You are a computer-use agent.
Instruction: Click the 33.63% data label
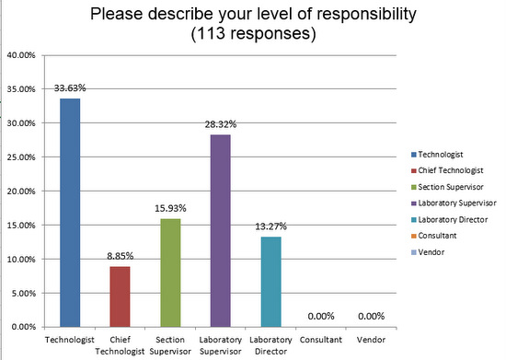click(x=71, y=88)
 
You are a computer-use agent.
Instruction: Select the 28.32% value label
click(x=220, y=125)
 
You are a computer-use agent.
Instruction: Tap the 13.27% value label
click(x=270, y=227)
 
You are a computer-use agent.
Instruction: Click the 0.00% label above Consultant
click(x=320, y=318)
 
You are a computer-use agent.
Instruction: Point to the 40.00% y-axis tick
click(x=20, y=55)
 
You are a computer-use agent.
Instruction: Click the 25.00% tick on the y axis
click(x=20, y=157)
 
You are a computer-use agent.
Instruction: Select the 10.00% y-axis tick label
click(x=20, y=259)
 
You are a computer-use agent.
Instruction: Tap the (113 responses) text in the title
click(x=253, y=35)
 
